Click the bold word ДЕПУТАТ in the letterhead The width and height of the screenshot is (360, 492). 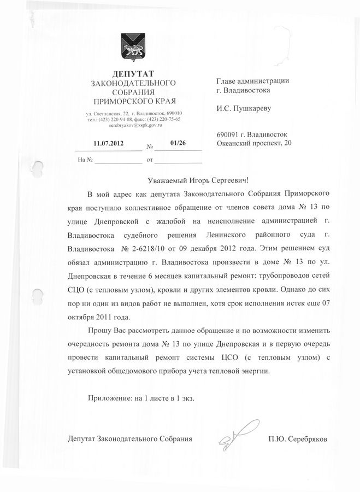133,73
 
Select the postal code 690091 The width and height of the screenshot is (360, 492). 229,134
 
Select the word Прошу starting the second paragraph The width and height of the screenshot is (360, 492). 99,331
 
